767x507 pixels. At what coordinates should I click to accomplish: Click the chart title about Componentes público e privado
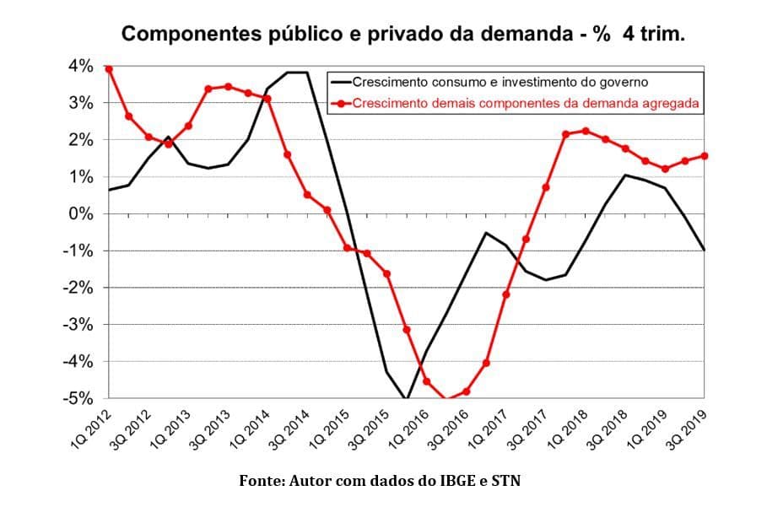403,35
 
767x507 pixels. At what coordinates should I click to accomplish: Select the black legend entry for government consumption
499,83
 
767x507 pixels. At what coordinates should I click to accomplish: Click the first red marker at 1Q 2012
108,69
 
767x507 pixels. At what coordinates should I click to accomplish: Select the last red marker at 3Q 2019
704,156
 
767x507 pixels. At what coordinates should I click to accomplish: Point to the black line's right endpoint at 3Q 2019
705,250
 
